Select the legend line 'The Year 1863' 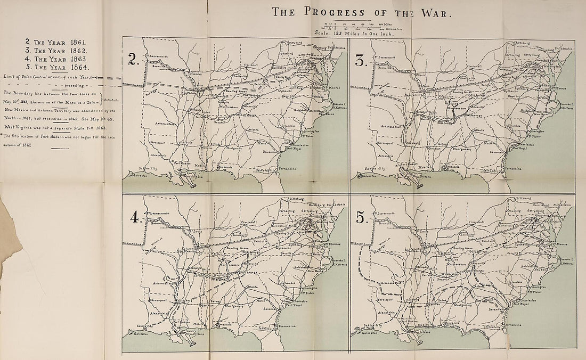[x=57, y=59]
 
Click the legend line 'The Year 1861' [x=57, y=42]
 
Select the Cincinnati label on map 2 [x=251, y=66]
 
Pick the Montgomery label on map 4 [x=234, y=306]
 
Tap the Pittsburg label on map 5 [x=526, y=199]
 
